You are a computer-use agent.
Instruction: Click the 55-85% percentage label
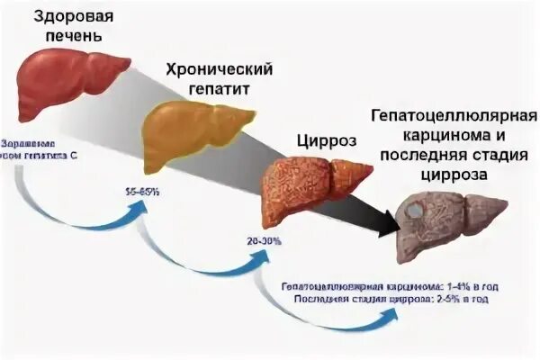tap(144, 193)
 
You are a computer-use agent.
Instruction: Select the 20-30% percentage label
tap(264, 241)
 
